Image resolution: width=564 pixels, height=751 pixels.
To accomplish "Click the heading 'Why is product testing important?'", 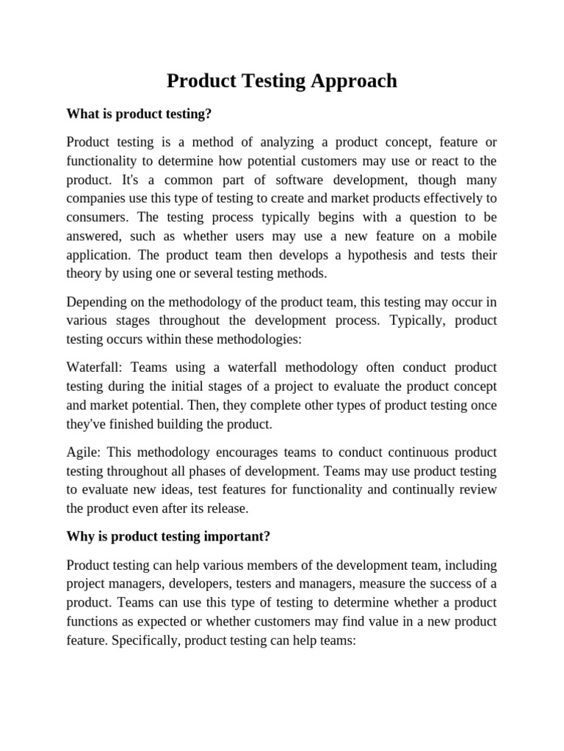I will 168,536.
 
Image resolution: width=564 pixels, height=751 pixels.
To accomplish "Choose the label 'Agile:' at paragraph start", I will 85,452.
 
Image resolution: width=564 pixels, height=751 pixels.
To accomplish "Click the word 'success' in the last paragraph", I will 438,584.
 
